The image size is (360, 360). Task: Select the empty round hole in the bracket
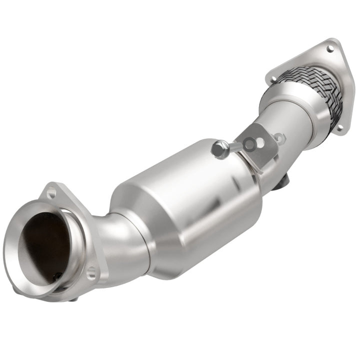point(259,143)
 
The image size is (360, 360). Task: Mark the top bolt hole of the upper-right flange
point(330,48)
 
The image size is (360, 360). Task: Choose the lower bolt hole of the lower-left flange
point(90,273)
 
